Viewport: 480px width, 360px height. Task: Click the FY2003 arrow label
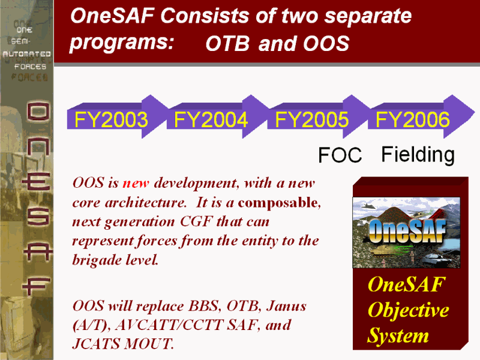point(111,119)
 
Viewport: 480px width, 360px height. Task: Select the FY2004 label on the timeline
point(211,119)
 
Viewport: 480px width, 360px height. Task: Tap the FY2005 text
point(311,119)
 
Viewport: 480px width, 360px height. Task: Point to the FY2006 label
point(412,119)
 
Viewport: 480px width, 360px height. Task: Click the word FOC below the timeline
point(340,155)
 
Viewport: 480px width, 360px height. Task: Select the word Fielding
point(418,155)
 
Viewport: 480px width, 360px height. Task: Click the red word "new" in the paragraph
point(136,184)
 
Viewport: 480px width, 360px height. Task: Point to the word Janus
point(286,306)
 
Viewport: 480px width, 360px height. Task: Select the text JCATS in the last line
point(97,344)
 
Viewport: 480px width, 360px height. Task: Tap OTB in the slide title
point(227,43)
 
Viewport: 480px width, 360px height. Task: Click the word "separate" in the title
point(368,16)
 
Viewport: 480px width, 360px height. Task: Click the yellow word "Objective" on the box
point(409,310)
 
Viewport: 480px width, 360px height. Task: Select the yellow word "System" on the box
point(398,335)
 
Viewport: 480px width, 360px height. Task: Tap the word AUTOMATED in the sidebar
point(26,54)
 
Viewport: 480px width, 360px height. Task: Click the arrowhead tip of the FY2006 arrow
point(475,112)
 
